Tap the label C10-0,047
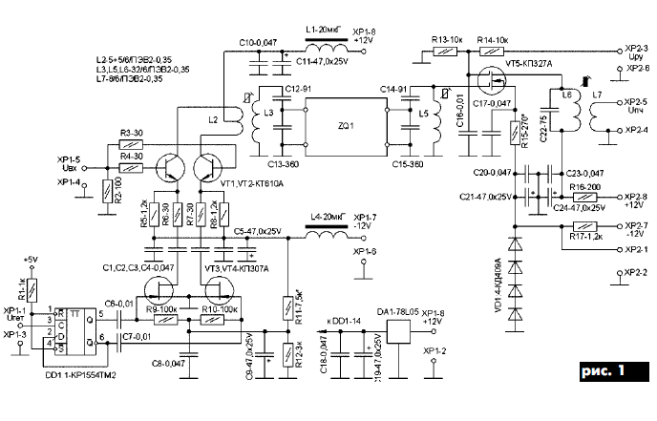(257, 43)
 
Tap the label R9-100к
(162, 306)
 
